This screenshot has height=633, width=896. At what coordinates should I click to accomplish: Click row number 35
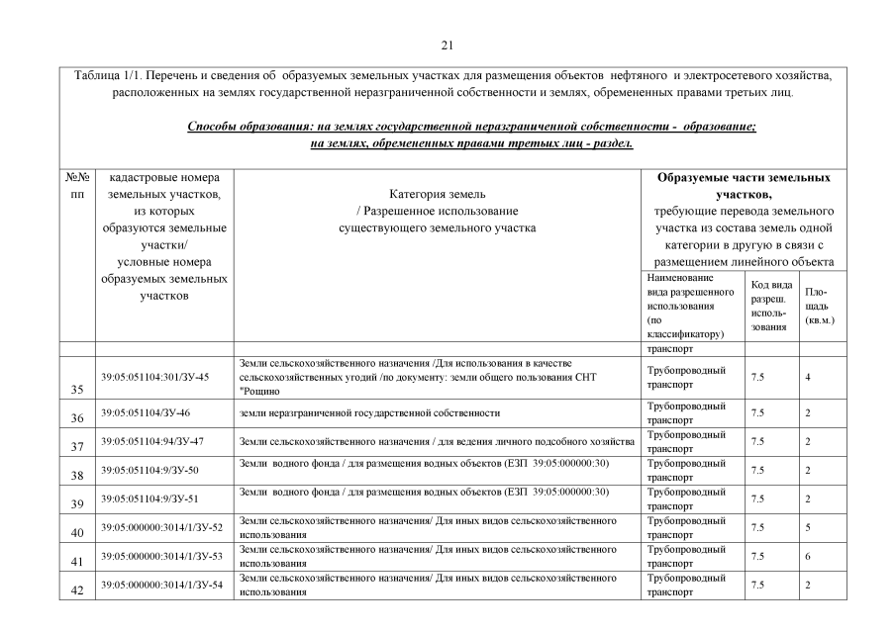tap(78, 388)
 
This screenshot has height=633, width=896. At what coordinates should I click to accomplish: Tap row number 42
tap(78, 588)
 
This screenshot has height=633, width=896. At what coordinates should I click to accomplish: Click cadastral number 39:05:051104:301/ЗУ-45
tap(154, 378)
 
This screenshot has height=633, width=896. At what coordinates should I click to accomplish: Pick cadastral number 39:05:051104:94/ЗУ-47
tap(152, 441)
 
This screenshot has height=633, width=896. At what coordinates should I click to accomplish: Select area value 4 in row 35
tap(808, 378)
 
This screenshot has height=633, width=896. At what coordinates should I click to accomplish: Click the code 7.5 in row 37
tap(757, 441)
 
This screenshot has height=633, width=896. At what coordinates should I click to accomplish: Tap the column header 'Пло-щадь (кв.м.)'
tap(818, 307)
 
